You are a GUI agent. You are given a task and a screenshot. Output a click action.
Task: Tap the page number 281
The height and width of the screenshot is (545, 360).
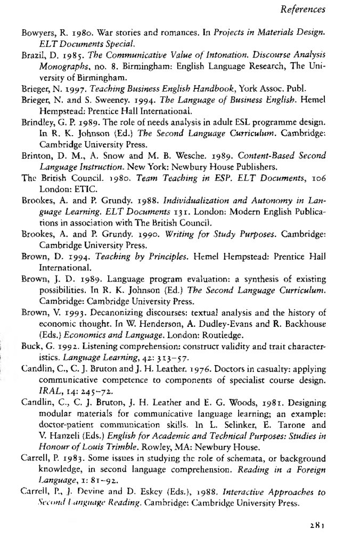pyautogui.click(x=317, y=526)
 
